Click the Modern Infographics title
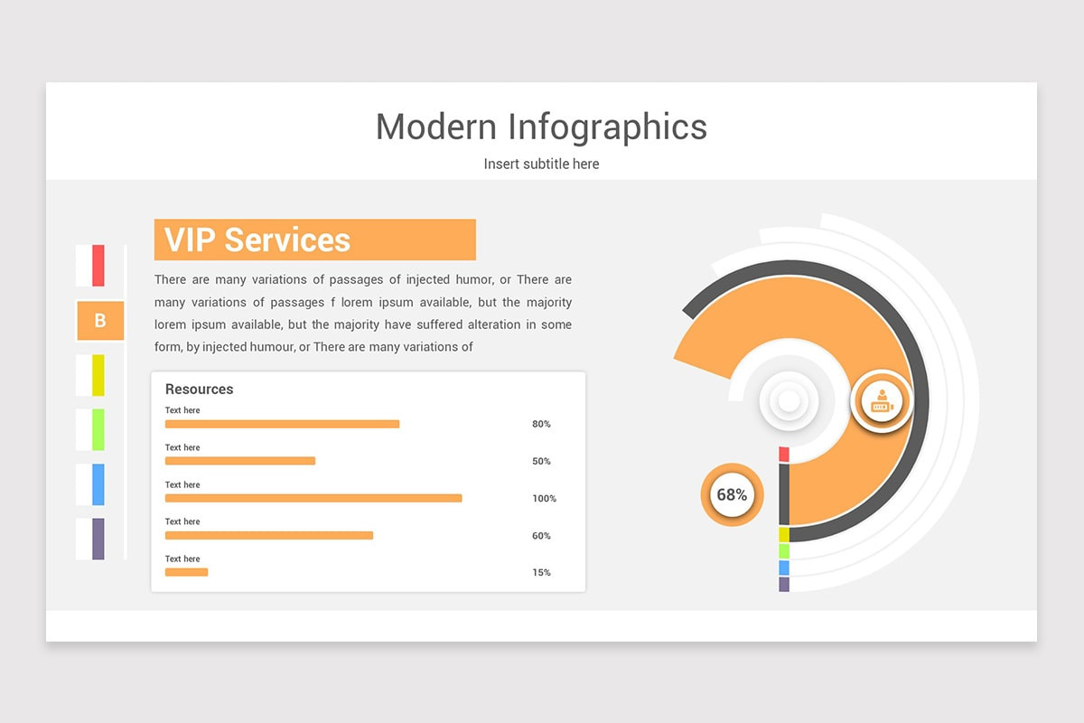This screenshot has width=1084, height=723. click(541, 127)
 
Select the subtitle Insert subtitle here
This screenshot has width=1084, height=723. click(541, 164)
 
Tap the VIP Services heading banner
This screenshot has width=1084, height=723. click(314, 239)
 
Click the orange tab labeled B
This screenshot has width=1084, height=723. click(99, 321)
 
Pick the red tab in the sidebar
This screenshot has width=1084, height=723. click(98, 266)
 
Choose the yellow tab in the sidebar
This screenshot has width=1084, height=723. click(98, 375)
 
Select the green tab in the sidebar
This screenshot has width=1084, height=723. click(98, 429)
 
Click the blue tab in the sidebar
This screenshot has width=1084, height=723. click(98, 484)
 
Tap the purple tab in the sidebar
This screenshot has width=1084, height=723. click(98, 539)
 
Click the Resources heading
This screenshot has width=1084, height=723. click(199, 390)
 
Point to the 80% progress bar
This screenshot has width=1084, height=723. click(282, 424)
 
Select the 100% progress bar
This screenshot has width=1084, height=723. click(313, 498)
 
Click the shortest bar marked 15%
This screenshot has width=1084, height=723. click(186, 572)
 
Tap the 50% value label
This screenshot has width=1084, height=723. click(541, 462)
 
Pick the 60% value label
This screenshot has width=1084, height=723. click(541, 536)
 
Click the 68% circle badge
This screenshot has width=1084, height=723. click(732, 495)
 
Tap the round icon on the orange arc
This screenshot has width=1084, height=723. click(881, 401)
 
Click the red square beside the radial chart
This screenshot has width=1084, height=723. click(784, 454)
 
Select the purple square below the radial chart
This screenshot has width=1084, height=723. click(784, 585)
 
